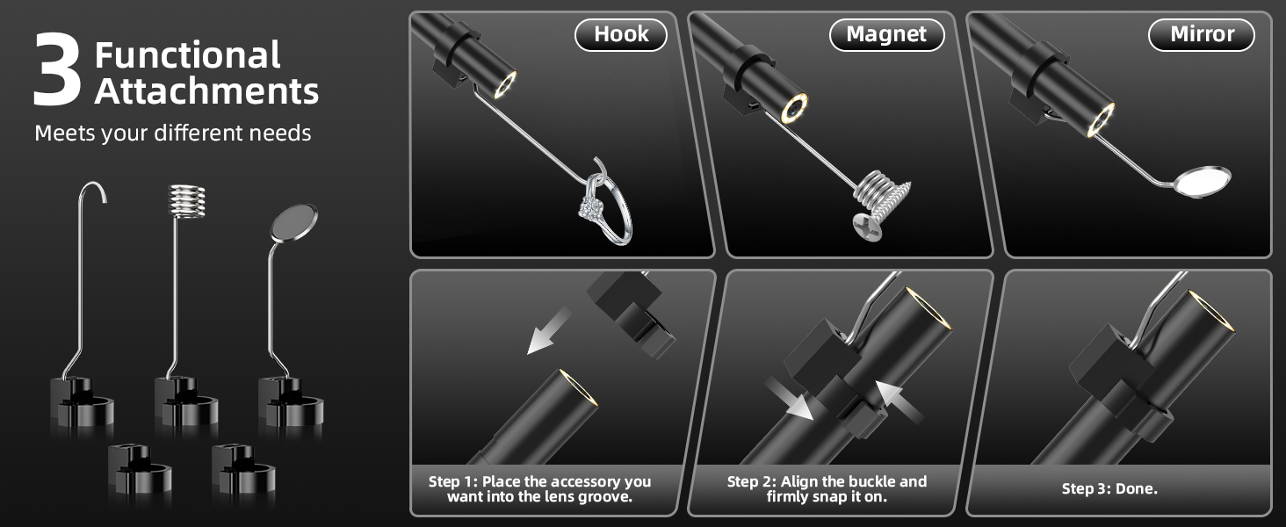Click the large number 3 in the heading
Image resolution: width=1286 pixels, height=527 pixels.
57,69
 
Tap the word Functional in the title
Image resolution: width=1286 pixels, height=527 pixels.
188,55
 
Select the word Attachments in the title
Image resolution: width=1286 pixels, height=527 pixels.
206,91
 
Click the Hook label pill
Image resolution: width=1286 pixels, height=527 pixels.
621,35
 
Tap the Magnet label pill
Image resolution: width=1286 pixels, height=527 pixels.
886,35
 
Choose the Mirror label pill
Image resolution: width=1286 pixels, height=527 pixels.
1202,35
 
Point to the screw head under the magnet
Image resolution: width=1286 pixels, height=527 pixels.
867,227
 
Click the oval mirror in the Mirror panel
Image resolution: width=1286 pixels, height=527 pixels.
1203,182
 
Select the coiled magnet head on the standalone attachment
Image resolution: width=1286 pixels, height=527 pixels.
186,201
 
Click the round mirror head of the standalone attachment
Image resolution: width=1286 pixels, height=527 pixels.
294,223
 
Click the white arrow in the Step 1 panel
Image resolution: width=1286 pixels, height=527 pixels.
549,331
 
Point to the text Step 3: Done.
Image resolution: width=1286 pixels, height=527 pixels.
1109,489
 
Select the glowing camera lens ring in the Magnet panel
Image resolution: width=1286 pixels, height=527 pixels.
795,108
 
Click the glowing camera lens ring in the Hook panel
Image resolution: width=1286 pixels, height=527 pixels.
506,85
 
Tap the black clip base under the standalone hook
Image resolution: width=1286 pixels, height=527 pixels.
82,401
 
